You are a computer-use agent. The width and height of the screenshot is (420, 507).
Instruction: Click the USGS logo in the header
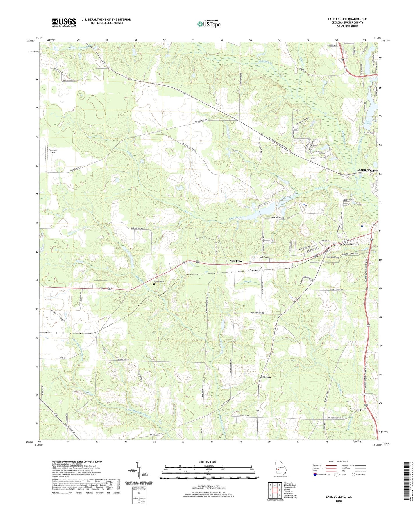(x=64, y=22)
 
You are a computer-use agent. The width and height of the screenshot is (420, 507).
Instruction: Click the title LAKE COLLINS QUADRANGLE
(x=347, y=19)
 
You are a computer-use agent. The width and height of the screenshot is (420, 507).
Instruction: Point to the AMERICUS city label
(x=365, y=170)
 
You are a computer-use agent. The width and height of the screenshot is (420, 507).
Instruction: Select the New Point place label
(x=236, y=261)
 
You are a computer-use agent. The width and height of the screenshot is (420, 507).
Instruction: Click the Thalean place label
(x=266, y=377)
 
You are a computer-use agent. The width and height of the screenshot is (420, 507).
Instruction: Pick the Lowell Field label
(x=263, y=258)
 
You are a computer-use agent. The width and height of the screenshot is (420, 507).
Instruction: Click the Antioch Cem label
(x=159, y=281)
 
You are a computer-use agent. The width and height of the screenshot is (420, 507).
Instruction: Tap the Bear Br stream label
(x=247, y=281)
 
